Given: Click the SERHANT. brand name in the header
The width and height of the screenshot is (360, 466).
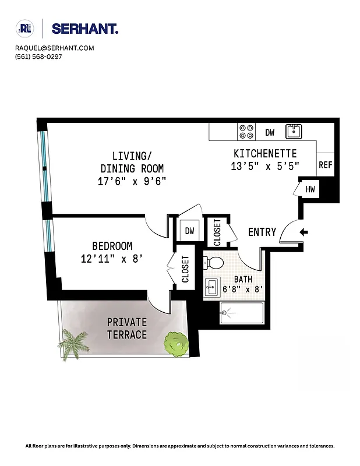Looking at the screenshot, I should (84, 29).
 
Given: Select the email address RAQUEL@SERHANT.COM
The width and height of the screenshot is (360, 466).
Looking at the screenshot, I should (55, 48).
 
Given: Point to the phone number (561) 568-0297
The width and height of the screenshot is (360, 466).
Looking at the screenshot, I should (38, 57).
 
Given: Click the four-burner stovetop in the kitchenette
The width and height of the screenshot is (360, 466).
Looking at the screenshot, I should (246, 132).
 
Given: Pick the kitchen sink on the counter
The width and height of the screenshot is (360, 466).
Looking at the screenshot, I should (294, 131).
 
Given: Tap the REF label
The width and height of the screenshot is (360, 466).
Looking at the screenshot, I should (325, 165).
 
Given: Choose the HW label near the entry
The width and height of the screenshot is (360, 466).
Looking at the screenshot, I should (310, 189).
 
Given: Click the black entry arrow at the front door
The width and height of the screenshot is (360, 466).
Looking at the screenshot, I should (303, 232).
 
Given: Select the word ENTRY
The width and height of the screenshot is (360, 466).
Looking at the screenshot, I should (262, 232).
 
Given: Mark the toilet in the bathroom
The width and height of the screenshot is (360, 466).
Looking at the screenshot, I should (214, 263).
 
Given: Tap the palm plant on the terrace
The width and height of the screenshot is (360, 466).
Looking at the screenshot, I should (74, 343).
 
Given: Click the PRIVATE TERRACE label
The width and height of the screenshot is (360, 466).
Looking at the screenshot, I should (127, 329).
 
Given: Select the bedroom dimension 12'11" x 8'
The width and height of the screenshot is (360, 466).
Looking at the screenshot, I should (112, 259).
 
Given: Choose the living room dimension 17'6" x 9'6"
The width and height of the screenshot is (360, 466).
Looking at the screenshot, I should (132, 181).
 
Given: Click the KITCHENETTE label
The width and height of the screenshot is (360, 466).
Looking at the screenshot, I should (265, 154).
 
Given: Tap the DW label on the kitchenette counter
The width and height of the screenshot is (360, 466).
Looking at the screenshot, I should (270, 133).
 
